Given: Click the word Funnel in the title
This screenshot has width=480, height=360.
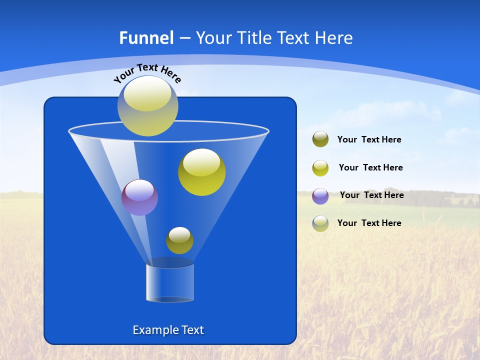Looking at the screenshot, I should [x=146, y=38].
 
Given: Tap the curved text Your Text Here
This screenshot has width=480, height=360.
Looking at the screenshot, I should [x=147, y=72].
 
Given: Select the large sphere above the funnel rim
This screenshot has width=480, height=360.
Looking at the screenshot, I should [x=147, y=106].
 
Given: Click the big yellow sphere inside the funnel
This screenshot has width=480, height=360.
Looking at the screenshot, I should [x=201, y=172].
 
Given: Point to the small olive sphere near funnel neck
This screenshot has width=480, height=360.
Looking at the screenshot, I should [x=179, y=240].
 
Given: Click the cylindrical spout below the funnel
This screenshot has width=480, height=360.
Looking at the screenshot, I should [x=170, y=283].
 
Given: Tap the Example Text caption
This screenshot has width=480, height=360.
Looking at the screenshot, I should [x=168, y=330].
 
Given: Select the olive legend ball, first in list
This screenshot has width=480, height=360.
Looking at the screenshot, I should [x=320, y=139].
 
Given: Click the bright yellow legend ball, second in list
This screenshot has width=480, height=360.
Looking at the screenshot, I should [x=320, y=168].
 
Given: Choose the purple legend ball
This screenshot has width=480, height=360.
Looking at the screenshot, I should [x=320, y=196].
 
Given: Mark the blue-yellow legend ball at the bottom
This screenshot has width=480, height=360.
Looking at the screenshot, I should [x=320, y=223].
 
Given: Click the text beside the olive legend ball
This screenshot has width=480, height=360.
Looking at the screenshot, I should [x=369, y=140].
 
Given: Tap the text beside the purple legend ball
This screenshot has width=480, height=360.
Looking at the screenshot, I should [x=371, y=195].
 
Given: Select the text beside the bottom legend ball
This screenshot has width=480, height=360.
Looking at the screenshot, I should [x=369, y=223].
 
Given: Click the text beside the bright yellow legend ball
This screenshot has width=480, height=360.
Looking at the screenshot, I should [x=370, y=168].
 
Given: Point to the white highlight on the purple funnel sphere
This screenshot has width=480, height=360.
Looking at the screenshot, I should [x=139, y=190].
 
